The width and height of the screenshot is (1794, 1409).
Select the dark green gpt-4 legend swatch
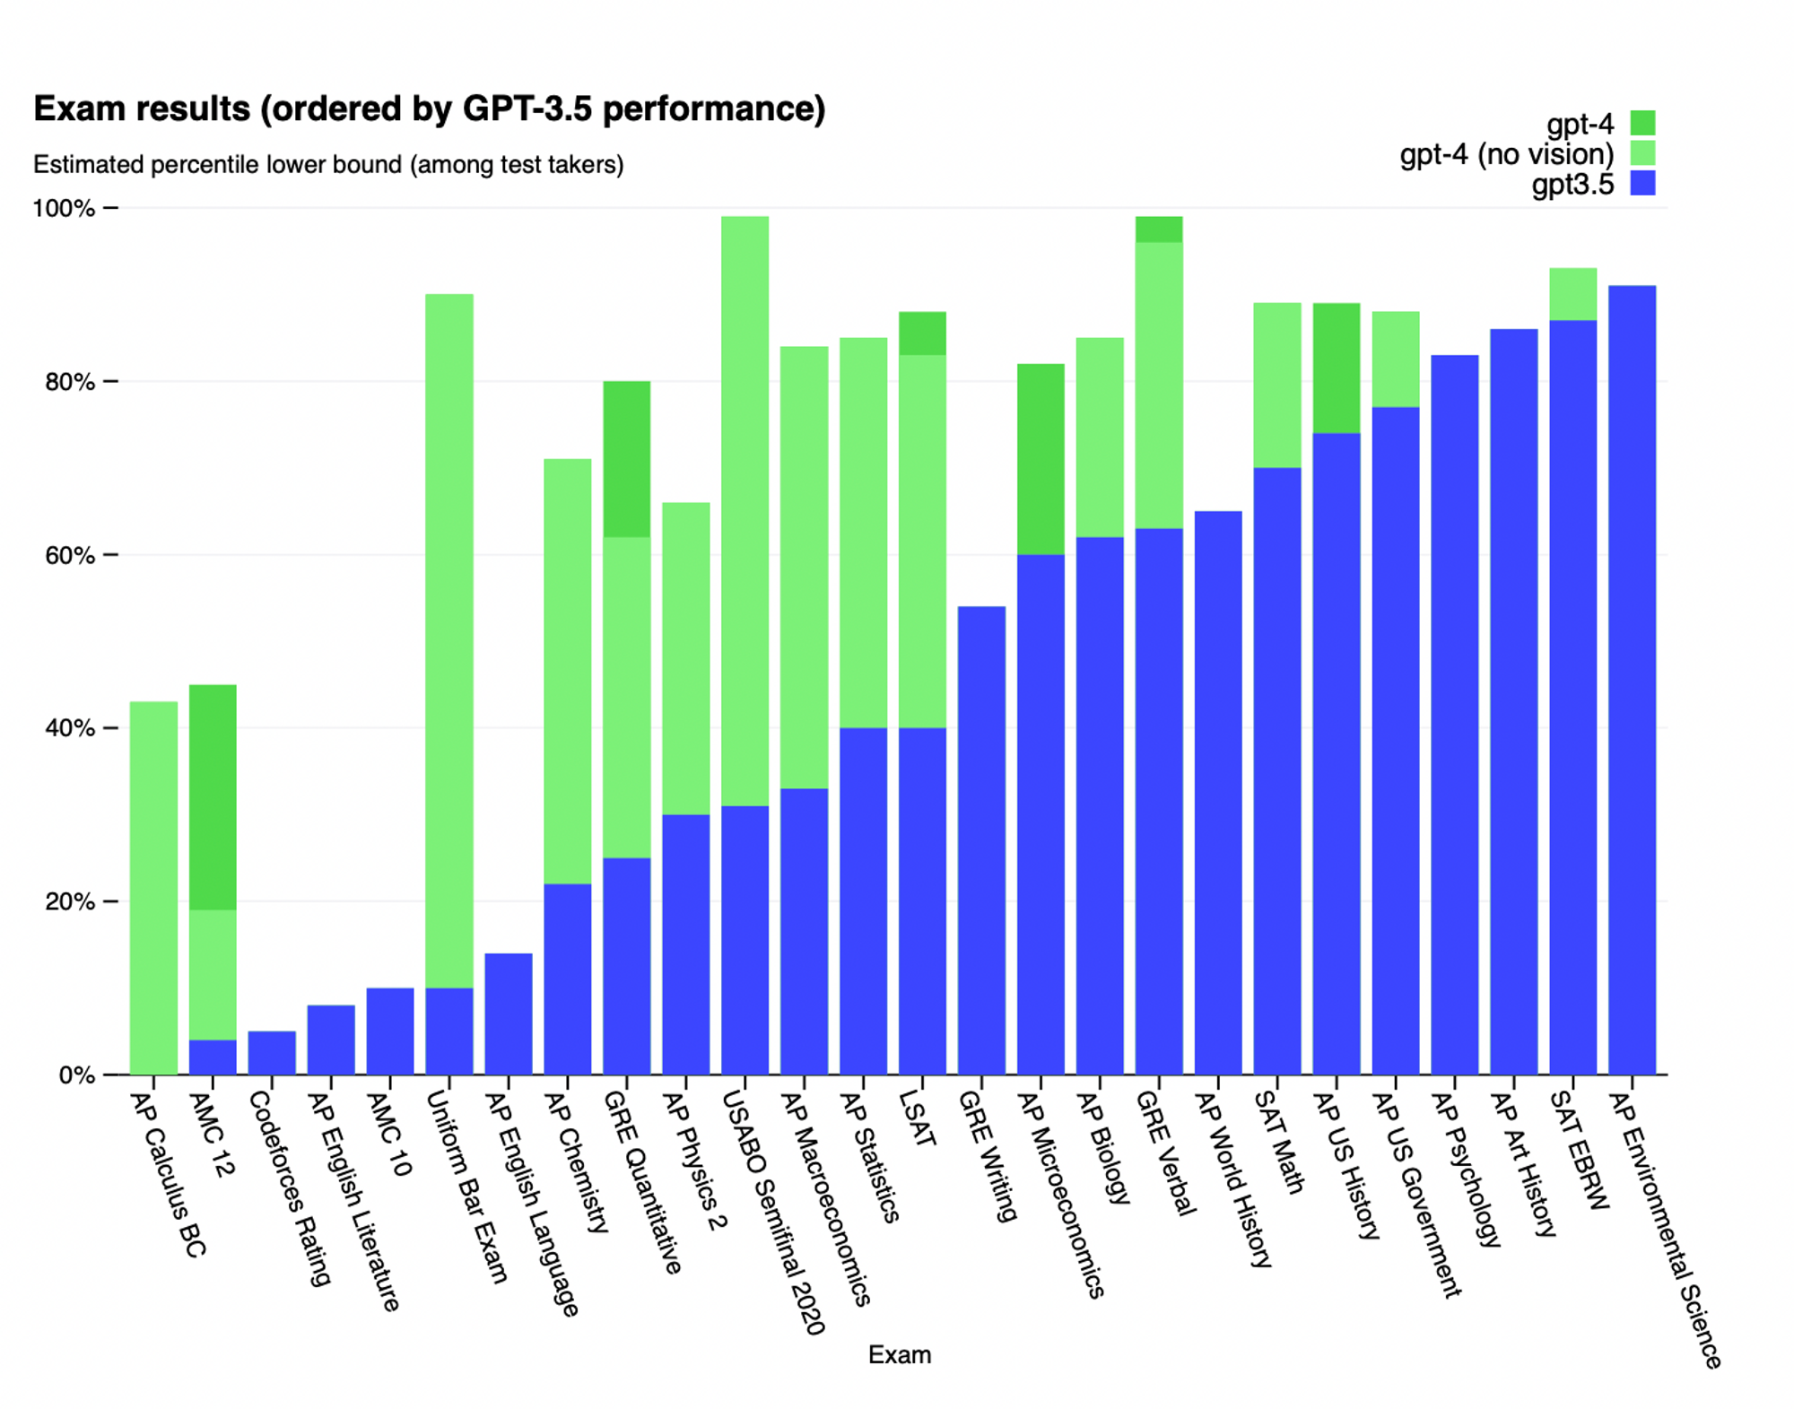pos(1642,123)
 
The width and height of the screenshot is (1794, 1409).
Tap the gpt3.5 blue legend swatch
pos(1642,184)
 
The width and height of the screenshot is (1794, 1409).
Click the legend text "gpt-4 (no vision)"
pos(1506,154)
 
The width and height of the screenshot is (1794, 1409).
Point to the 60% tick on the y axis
pos(110,555)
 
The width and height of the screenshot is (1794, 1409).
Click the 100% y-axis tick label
pos(63,208)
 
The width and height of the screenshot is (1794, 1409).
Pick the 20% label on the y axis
pos(69,901)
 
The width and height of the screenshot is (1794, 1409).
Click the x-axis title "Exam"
pos(899,1354)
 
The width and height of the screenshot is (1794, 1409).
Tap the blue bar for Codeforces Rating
pos(272,1053)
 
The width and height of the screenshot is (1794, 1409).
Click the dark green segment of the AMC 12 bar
pos(213,797)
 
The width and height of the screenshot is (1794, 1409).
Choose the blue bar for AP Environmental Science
pos(1632,682)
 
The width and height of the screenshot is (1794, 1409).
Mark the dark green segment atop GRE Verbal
pos(1158,229)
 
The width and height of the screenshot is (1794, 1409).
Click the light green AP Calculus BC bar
pos(153,888)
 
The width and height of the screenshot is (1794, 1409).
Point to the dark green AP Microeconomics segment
pos(1041,459)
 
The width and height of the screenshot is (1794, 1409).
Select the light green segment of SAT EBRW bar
pos(1572,294)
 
